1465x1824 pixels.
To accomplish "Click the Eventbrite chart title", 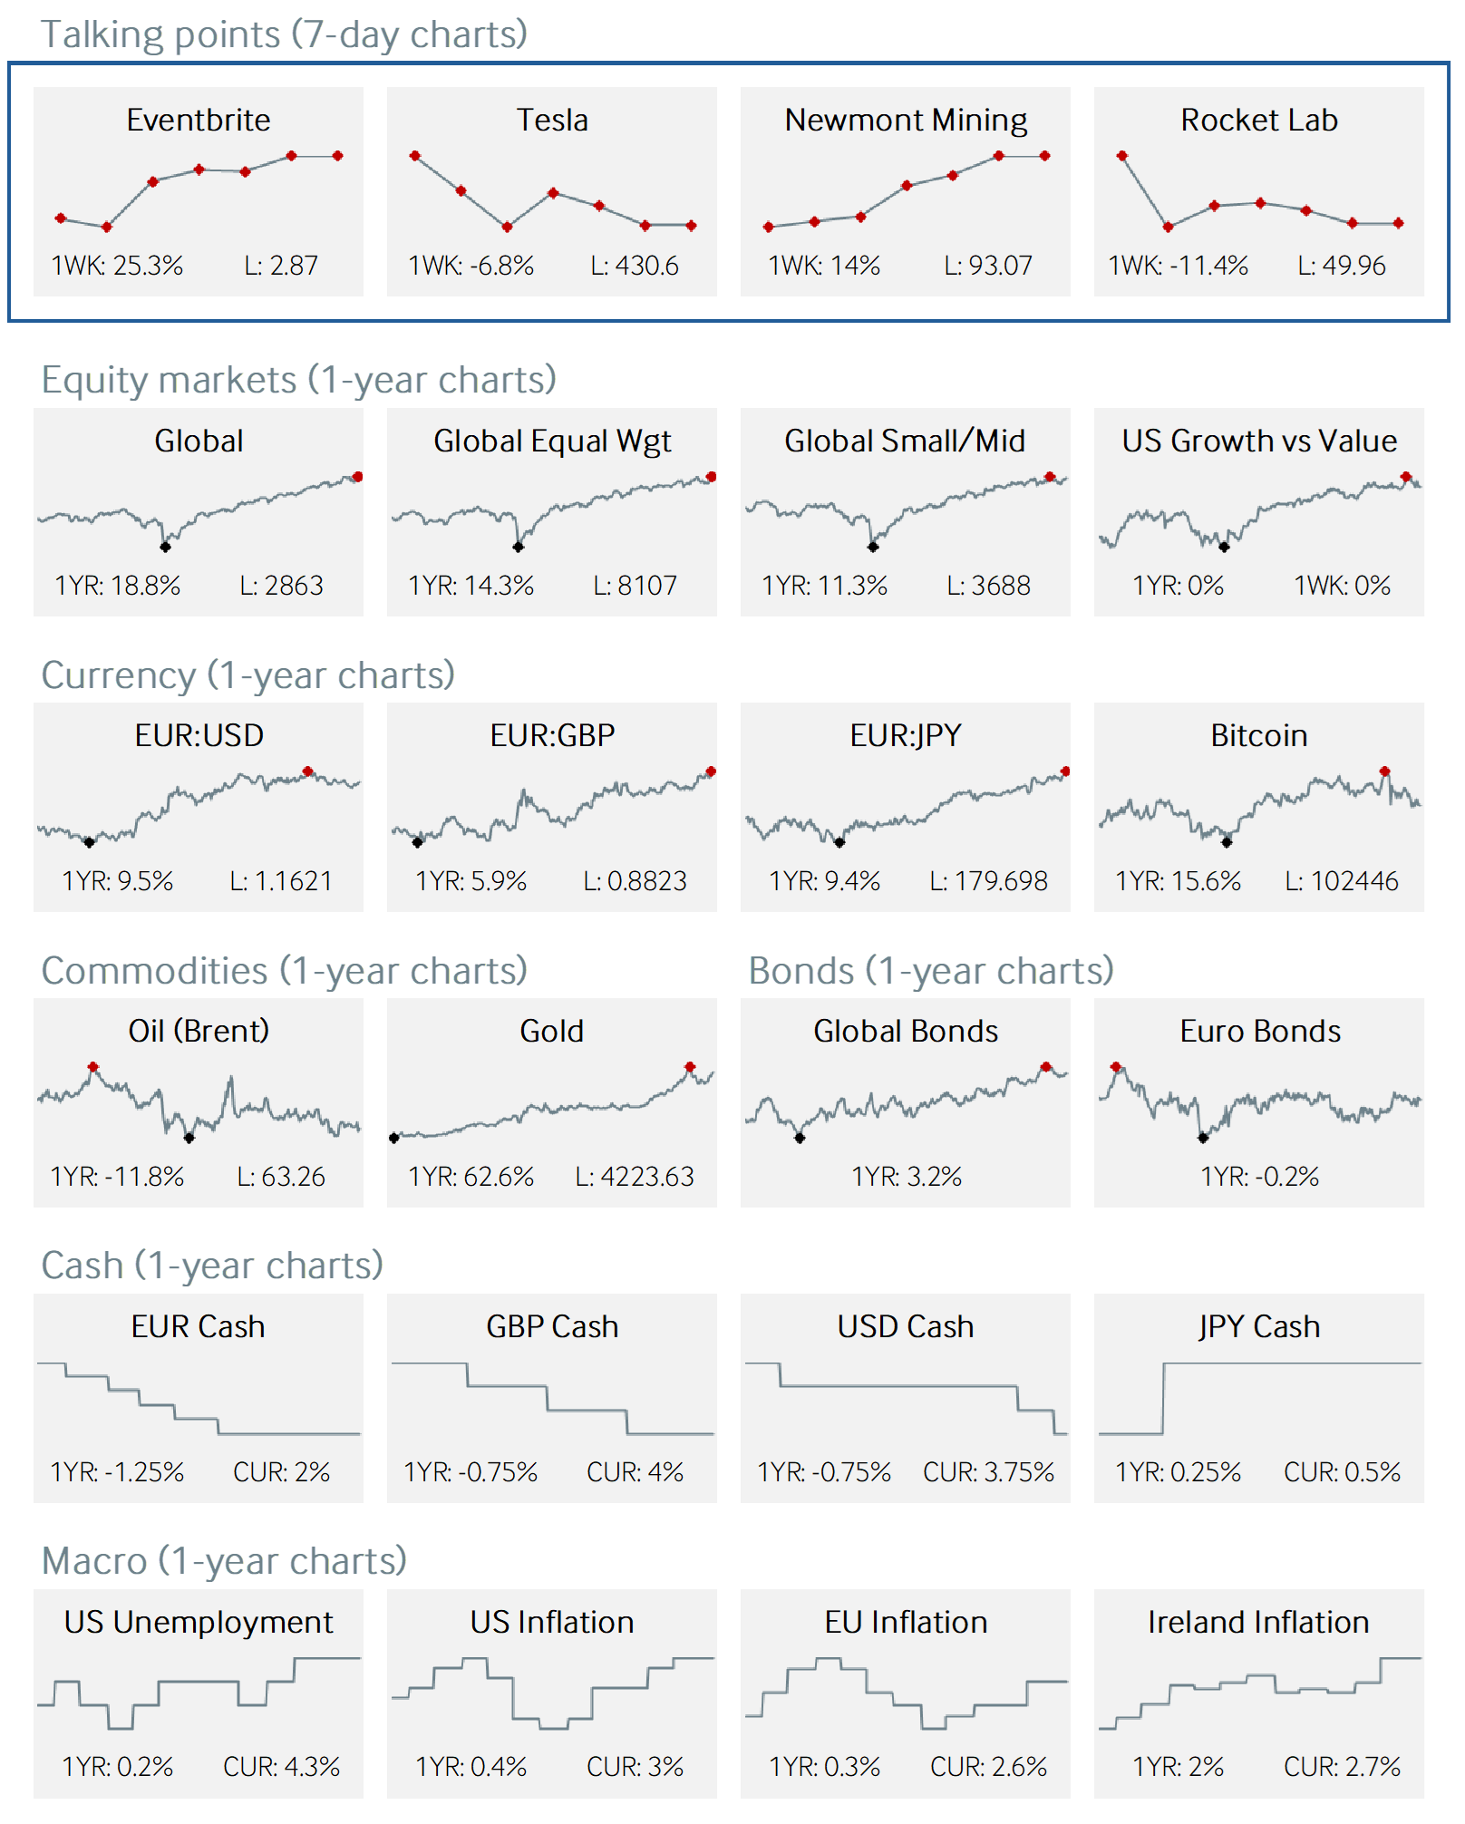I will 198,120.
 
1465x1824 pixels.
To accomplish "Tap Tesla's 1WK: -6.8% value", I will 471,266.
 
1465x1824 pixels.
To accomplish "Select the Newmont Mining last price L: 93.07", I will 987,266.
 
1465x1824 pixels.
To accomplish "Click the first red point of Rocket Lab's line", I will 1122,156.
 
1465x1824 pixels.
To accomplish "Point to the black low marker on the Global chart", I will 165,547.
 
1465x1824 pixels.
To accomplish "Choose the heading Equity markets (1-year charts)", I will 298,380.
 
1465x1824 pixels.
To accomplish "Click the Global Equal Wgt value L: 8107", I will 635,586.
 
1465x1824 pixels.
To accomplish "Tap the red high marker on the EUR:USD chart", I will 308,771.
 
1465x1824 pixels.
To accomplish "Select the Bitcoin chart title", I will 1258,735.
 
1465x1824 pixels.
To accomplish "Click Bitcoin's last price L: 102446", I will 1341,880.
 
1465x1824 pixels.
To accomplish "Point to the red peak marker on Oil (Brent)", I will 93,1067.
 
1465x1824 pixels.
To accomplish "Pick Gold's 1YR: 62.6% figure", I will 471,1176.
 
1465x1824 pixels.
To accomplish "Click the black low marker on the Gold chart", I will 394,1138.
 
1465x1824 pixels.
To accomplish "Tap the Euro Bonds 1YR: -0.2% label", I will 1259,1176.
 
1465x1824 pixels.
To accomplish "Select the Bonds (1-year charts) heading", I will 931,971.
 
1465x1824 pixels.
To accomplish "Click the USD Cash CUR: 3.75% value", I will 988,1471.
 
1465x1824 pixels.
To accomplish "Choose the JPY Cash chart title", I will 1258,1326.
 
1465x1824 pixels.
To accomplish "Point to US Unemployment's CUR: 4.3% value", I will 281,1767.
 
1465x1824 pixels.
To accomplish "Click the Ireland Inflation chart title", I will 1258,1622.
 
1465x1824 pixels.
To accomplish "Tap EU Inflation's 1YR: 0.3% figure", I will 824,1767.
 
